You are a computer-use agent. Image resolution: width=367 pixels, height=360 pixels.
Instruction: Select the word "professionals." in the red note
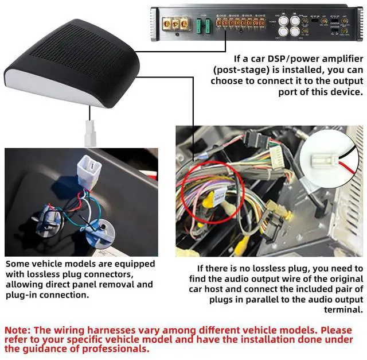pos(115,349)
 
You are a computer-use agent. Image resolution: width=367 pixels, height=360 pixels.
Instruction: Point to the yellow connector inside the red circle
pos(210,198)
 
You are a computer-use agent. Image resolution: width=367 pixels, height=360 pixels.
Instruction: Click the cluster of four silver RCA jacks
pos(289,25)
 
